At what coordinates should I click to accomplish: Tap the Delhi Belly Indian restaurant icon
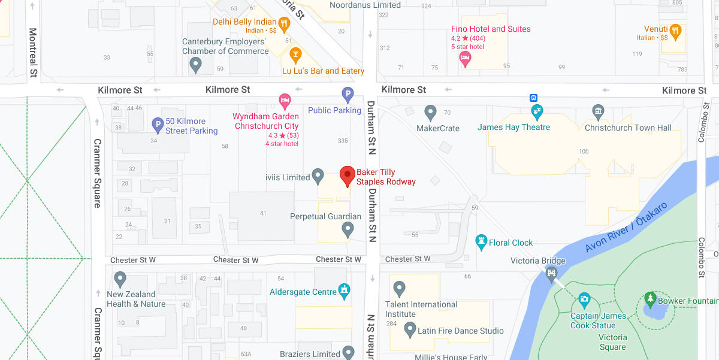[284, 24]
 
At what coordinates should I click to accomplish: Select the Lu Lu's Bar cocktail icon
[295, 56]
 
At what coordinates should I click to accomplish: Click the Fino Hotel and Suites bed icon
[464, 59]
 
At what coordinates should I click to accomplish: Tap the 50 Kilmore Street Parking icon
[158, 125]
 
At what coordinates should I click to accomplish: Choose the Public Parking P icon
[348, 94]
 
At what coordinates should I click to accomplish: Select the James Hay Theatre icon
[537, 111]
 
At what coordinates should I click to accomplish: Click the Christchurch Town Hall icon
[598, 111]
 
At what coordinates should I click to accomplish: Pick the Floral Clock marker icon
[481, 241]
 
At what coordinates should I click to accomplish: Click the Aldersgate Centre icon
[344, 291]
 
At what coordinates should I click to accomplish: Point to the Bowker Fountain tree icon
[650, 298]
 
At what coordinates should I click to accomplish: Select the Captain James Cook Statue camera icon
[584, 300]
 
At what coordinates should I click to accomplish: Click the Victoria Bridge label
[537, 261]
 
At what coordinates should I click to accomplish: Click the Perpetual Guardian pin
[348, 229]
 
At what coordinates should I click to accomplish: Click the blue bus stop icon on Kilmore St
[532, 98]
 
